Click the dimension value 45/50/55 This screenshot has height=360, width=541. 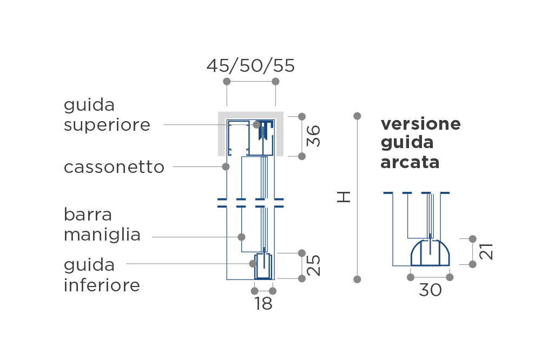point(250,65)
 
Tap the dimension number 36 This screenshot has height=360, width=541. point(314,136)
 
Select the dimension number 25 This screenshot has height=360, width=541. point(314,265)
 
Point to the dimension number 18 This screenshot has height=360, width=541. point(263,304)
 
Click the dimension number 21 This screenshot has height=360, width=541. point(486,251)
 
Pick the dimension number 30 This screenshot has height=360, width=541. point(430,290)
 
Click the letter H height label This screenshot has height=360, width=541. point(344,197)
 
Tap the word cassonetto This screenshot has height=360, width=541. point(114,167)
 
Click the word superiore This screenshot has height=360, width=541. point(107,125)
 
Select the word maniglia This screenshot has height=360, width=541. point(102,235)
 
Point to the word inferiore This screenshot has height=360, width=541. point(102,285)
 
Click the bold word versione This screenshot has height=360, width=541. point(420,124)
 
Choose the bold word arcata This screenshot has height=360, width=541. point(410,162)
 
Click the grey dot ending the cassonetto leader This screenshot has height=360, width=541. point(226,167)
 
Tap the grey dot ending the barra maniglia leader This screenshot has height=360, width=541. point(241,237)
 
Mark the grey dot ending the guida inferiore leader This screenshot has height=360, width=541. point(253,264)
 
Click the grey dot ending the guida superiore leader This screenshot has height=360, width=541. point(256,124)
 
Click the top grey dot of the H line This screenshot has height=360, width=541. point(358,116)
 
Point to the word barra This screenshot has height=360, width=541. point(88,215)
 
